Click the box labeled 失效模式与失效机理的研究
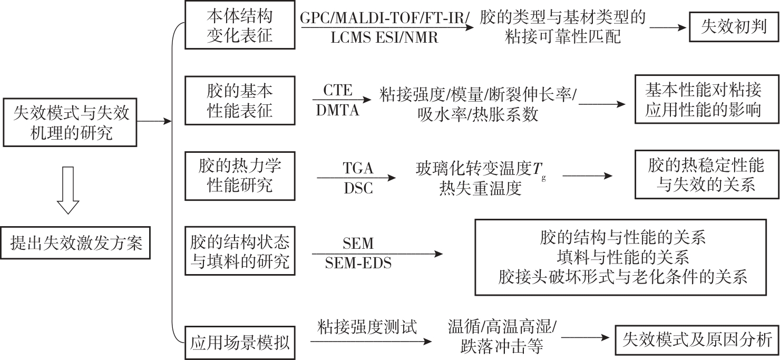click(x=71, y=122)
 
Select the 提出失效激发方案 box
click(x=77, y=243)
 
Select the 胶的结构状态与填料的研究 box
click(x=239, y=251)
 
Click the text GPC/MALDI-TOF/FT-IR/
click(x=385, y=17)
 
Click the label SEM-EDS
click(x=358, y=262)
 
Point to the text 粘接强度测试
click(x=367, y=327)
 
